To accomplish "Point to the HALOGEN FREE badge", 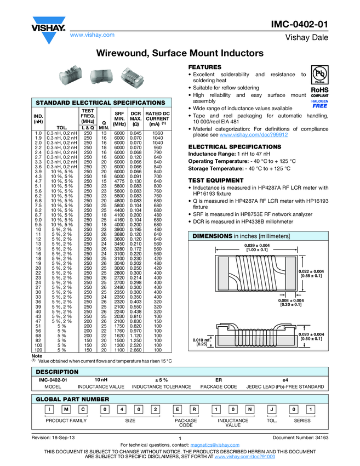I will pyautogui.click(x=319, y=104).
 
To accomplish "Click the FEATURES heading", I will pyautogui.click(x=204, y=67).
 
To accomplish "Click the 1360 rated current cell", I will pyautogui.click(x=158, y=133).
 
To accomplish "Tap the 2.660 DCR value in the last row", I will pyautogui.click(x=136, y=349).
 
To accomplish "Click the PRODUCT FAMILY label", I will pyautogui.click(x=66, y=420).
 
